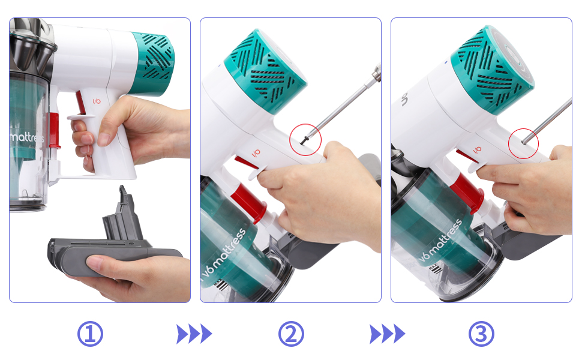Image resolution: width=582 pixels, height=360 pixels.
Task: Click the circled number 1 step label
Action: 91,334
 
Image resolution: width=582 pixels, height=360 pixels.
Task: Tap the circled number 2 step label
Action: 291,334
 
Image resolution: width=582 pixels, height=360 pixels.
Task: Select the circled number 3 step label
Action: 481,334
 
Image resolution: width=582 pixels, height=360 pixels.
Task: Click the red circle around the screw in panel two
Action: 305,139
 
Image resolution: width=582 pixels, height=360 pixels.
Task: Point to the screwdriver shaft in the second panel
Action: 348,102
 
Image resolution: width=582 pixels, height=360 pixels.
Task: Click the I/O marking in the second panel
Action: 256,153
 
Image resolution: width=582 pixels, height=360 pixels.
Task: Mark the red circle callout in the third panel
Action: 523,143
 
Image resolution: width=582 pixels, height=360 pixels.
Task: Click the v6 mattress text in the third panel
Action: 441,243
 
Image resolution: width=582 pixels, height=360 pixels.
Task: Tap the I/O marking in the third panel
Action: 478,149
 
